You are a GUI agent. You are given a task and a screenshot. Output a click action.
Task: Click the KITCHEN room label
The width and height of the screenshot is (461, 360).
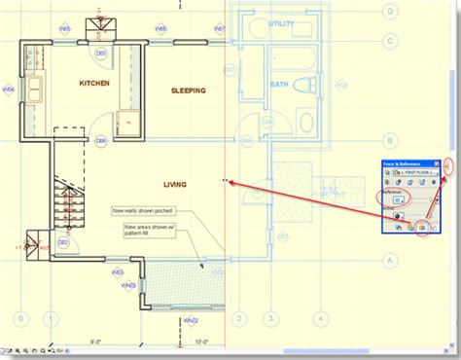pos(94,84)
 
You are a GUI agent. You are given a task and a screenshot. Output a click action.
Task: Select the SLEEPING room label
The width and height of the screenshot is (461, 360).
pos(188,90)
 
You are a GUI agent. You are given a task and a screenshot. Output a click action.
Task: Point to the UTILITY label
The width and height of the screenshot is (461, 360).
pos(281,22)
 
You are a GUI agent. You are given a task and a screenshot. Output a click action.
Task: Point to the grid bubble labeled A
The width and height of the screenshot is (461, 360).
pos(390,260)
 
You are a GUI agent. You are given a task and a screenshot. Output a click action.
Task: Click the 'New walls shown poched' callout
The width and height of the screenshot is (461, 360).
pos(138,210)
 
